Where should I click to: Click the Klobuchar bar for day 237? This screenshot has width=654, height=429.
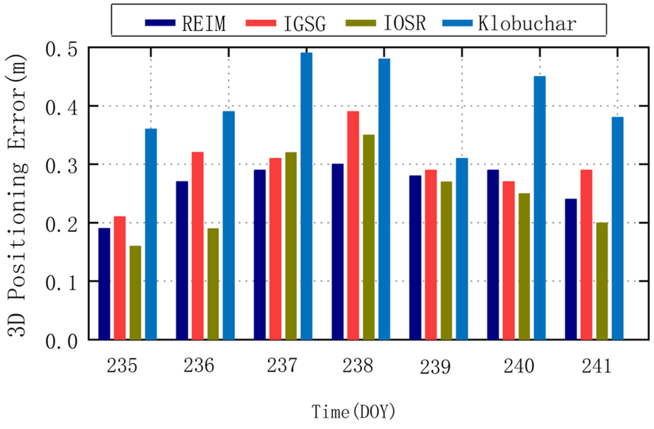pyautogui.click(x=306, y=196)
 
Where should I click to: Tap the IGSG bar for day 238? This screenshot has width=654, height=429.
pyautogui.click(x=353, y=225)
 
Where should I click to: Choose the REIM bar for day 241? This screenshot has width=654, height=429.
pyautogui.click(x=571, y=269)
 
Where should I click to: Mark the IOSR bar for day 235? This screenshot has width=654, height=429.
pyautogui.click(x=135, y=292)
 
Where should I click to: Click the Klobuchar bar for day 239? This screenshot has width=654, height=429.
pyautogui.click(x=462, y=249)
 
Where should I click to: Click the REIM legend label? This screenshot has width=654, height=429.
pyautogui.click(x=204, y=24)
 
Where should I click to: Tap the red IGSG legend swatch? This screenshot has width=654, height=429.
pyautogui.click(x=261, y=22)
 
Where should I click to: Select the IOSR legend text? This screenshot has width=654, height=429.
pyautogui.click(x=405, y=23)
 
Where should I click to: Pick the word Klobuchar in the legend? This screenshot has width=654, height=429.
pyautogui.click(x=527, y=24)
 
